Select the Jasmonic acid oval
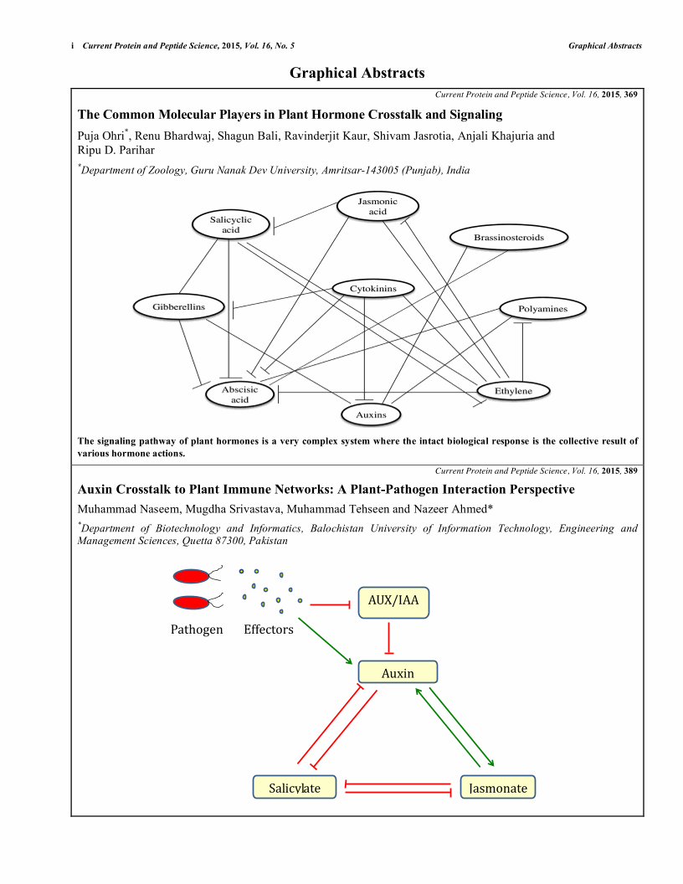coord(377,206)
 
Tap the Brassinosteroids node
coord(509,238)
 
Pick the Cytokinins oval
coord(373,289)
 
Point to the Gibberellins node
coord(178,307)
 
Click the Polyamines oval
coord(542,309)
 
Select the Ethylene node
coord(513,391)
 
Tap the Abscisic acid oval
coord(239,395)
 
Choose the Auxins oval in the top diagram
coord(372,414)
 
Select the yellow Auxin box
coord(398,672)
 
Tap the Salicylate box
coord(295,788)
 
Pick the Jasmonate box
coord(498,788)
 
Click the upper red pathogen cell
coord(191,576)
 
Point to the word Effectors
coord(269,630)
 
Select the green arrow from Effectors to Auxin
coord(325,642)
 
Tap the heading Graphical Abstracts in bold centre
coord(357,73)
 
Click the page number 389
coord(630,470)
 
